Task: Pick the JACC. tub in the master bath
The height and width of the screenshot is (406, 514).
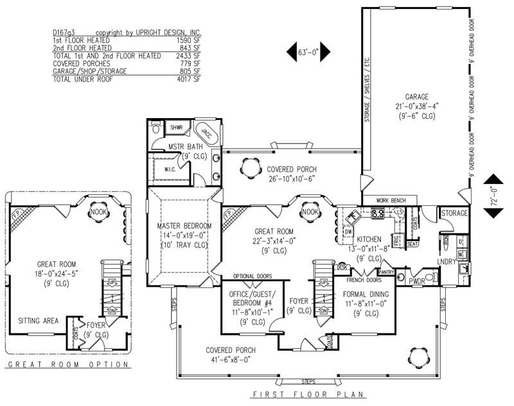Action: coord(206,131)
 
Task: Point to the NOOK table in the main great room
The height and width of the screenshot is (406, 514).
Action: coord(310,212)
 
